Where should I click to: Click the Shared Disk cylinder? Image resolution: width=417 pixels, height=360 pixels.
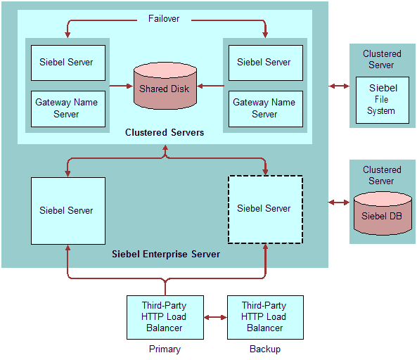coord(165,86)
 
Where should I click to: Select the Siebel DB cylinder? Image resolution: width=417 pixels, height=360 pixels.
coord(383,214)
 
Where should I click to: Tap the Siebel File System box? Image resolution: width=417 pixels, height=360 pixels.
coord(383,100)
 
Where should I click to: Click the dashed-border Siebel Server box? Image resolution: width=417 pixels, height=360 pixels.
coord(265,210)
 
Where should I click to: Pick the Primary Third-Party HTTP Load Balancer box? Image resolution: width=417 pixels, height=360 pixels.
coord(165,317)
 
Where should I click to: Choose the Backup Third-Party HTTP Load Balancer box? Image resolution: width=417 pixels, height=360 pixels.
coord(265,317)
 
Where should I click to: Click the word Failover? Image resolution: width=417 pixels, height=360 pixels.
coord(164,18)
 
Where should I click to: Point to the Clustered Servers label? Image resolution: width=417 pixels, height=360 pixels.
coord(165,132)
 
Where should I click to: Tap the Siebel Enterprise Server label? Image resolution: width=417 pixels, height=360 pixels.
coord(166,255)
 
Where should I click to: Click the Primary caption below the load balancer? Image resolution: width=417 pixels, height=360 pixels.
coord(165,349)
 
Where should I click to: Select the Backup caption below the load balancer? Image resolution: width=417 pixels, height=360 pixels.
coord(265,349)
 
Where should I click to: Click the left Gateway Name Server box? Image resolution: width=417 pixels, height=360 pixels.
coord(68,109)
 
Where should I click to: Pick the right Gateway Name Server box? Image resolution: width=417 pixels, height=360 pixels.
coord(266,109)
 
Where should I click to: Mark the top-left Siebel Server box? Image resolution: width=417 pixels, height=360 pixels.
coord(68,63)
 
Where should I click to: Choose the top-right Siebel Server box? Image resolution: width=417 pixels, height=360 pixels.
coord(266,63)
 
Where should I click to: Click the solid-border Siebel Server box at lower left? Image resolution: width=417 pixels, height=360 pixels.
coord(68,211)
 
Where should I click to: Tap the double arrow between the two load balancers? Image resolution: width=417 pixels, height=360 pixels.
coord(215,317)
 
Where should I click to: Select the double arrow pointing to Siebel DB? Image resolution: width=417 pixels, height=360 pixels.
coord(339,202)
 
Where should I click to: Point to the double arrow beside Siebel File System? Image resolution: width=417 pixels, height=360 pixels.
coord(339,86)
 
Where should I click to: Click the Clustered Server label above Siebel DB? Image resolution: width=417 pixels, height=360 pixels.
coord(382,175)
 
